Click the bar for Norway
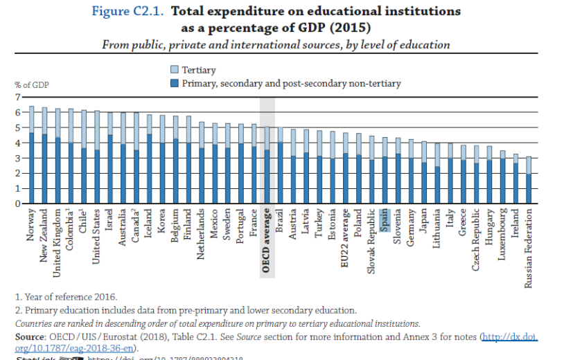click(31, 156)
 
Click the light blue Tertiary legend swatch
click(175, 69)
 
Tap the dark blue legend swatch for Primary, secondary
click(175, 83)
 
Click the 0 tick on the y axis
click(18, 204)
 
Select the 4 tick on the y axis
click(18, 143)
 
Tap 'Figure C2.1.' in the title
click(130, 12)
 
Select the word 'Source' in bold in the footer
click(30, 336)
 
